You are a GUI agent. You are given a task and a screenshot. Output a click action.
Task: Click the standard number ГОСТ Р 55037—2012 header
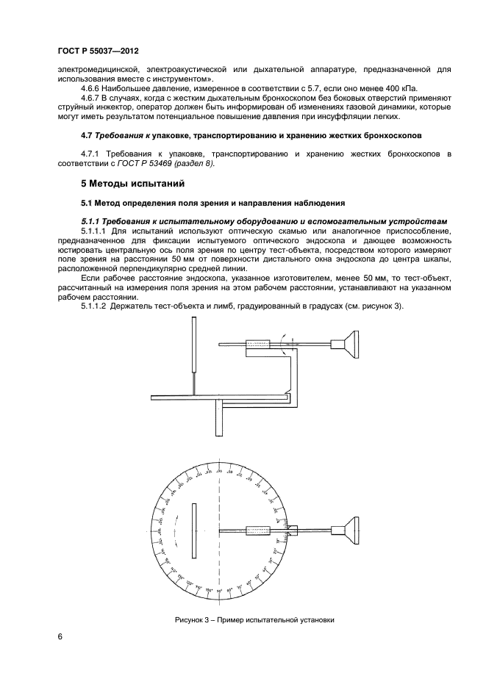(98, 51)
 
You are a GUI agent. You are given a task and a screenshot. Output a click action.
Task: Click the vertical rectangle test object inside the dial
(193, 530)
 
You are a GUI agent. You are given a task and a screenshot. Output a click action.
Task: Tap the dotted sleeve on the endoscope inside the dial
(259, 530)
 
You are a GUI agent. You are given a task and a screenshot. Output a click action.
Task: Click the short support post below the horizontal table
(219, 420)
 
